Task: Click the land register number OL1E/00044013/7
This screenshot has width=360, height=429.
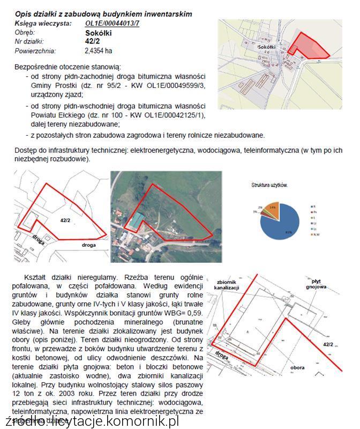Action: (112, 24)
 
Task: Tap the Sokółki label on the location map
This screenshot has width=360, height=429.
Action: (266, 47)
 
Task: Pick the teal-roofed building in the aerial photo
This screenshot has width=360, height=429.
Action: (138, 219)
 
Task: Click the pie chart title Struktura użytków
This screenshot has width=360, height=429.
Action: (270, 185)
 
